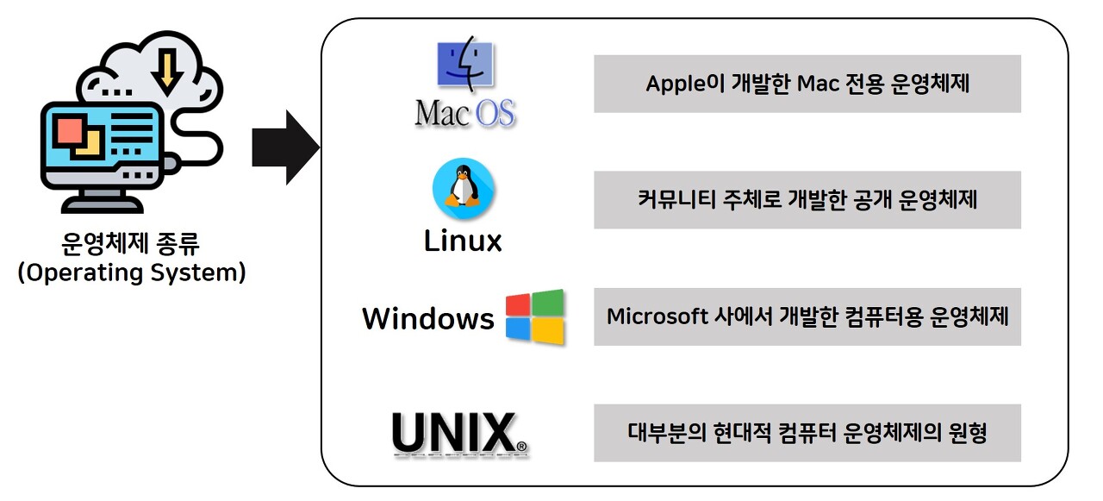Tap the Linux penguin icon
coord(463,190)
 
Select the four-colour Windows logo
coord(534,317)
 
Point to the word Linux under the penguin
coord(463,241)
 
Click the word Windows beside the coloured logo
coord(427,318)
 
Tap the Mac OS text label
coord(465,113)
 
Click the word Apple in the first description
coord(672,85)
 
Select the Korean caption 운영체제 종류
coord(131,244)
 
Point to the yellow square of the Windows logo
coord(549,332)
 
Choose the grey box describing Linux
coord(807,200)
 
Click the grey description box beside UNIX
coord(807,433)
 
